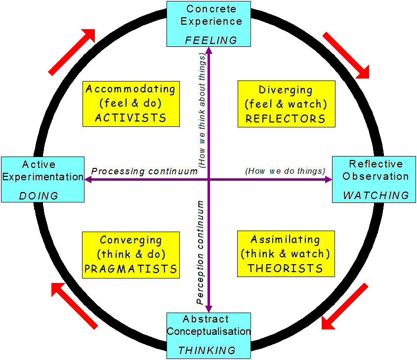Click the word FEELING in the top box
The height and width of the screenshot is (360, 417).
point(211,40)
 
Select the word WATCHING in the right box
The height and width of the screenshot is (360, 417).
point(376,196)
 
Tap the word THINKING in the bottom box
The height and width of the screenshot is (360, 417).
point(207,350)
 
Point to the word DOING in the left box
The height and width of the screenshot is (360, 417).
point(39,196)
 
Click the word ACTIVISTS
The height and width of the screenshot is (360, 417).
point(130,118)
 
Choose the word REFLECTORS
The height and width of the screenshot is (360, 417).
point(286,119)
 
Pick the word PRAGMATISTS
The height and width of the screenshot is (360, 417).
point(130,269)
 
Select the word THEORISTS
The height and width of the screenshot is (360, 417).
point(285,269)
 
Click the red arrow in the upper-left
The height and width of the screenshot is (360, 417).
point(72,51)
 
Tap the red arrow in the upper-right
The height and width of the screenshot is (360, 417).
point(346,55)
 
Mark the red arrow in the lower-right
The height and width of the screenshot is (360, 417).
point(345,306)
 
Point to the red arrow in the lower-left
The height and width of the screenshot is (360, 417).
point(74,305)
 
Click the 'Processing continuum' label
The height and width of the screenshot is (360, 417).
point(145,171)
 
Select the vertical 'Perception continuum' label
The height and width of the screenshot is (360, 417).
point(200,252)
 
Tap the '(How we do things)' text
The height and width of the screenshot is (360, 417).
point(285,171)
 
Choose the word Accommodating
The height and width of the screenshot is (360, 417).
point(130,89)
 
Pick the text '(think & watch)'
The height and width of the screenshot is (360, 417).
point(285,254)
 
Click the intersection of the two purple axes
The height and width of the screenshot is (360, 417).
point(209,180)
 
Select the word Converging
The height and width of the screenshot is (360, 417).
point(130,240)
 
